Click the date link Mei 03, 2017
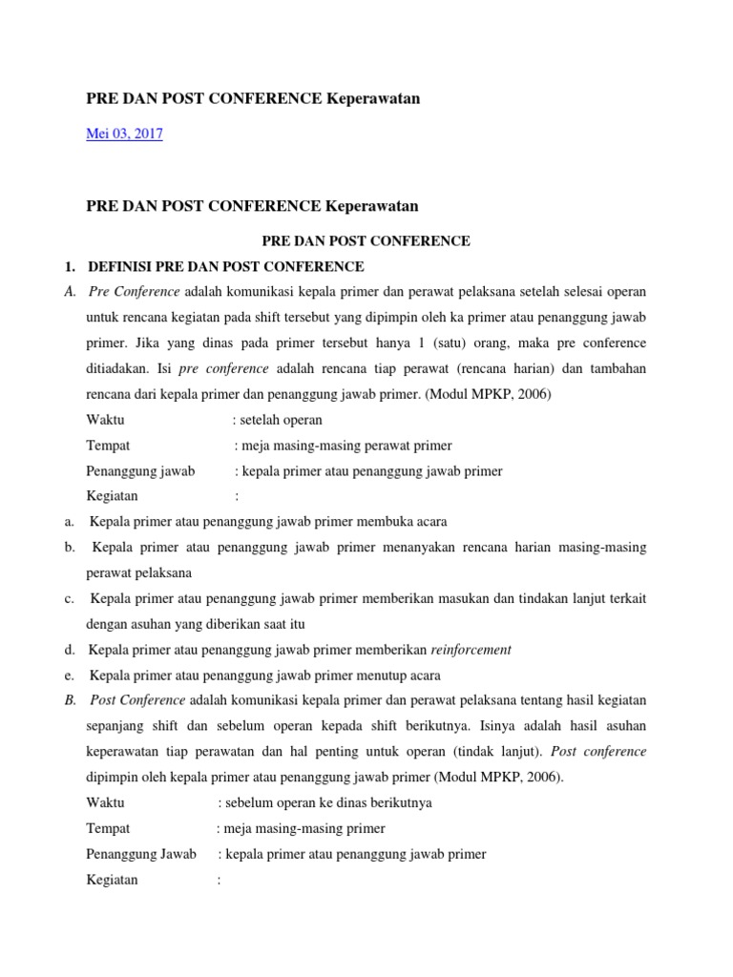coord(124,135)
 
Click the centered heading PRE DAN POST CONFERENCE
coord(366,241)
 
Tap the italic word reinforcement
coord(471,650)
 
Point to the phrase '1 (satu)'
coord(438,343)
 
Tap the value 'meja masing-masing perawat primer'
coord(346,446)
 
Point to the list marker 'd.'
coord(71,650)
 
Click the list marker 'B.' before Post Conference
coord(71,700)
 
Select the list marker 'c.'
coord(71,599)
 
